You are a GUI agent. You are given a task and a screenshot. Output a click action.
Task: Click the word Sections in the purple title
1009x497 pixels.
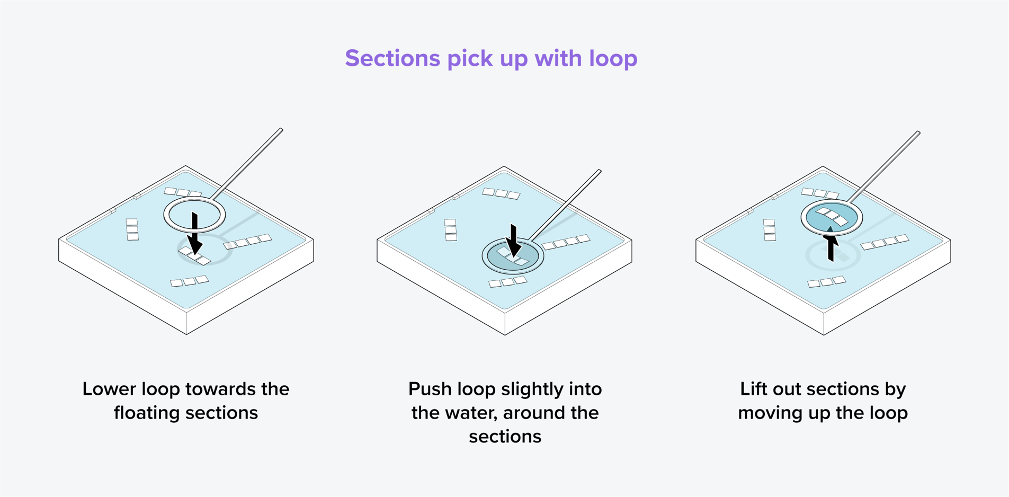click(x=392, y=58)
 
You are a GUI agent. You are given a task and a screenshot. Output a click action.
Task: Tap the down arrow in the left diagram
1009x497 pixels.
click(x=194, y=236)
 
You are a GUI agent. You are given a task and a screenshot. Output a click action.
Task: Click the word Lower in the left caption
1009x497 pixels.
click(x=109, y=389)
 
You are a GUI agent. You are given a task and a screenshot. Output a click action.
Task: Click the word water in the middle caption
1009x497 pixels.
click(x=466, y=413)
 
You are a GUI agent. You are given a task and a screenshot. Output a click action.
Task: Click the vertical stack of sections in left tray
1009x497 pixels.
click(x=132, y=229)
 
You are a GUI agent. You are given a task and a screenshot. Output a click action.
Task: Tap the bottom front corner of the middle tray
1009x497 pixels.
click(x=505, y=334)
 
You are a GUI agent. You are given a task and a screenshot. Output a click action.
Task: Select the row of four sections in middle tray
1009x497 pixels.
click(x=566, y=242)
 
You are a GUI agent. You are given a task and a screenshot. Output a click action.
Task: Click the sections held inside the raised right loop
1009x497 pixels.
click(x=832, y=216)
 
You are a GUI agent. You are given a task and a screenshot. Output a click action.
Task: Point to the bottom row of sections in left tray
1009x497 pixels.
click(x=189, y=281)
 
